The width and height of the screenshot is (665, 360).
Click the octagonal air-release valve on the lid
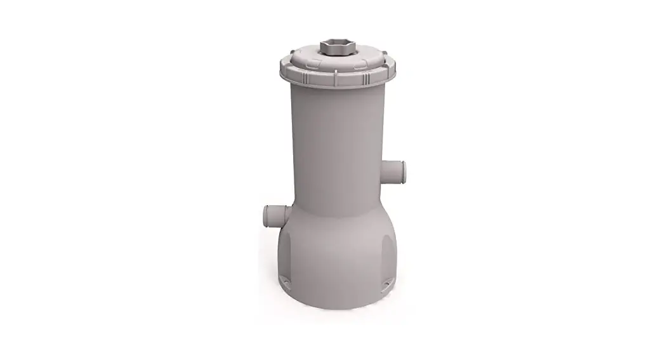pos(332,48)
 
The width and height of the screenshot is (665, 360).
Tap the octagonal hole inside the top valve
pos(332,45)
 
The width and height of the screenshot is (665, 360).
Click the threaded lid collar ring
pos(332,74)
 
